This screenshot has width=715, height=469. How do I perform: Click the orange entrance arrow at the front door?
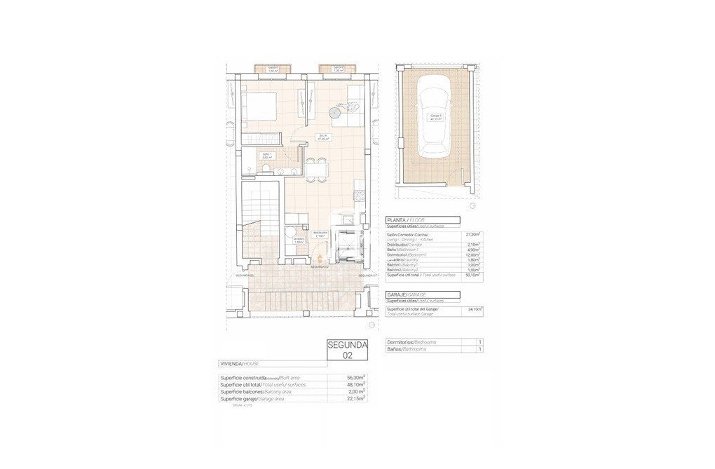click(x=320, y=258)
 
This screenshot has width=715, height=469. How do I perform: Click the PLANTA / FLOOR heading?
click(x=406, y=219)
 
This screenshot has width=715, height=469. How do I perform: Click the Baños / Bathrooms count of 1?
click(x=479, y=348)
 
